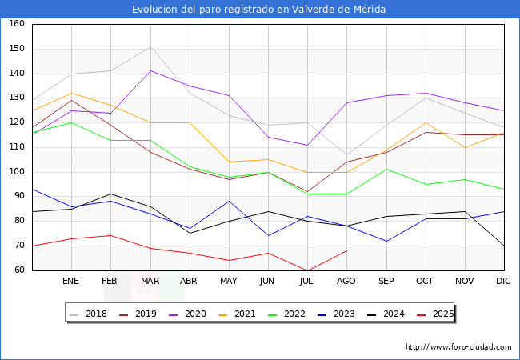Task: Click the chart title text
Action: tap(259, 10)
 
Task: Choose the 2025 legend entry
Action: tap(442, 314)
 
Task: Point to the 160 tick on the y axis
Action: tap(16, 24)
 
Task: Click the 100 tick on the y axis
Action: tap(16, 172)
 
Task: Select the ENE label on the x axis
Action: tap(71, 282)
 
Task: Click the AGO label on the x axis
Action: tap(346, 282)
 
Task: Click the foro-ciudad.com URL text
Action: tap(458, 347)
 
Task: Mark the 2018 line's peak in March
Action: tap(150, 46)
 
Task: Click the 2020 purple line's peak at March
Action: tap(150, 70)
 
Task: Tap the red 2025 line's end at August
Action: tap(346, 250)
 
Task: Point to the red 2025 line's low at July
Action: tap(307, 270)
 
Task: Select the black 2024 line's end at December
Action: tap(504, 246)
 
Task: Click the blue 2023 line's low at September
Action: tap(386, 241)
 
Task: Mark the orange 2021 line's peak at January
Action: tap(71, 93)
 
